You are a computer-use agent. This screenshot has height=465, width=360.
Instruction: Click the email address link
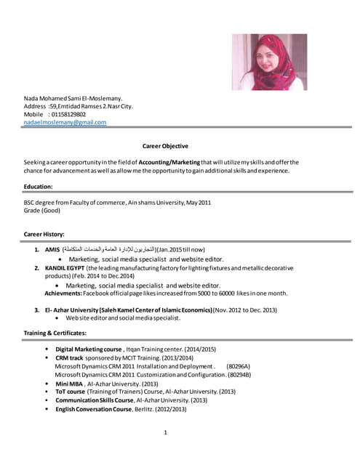click(x=65, y=123)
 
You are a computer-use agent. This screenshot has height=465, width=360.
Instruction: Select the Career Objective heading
click(x=165, y=146)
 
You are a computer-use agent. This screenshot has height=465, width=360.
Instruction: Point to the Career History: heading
click(x=44, y=234)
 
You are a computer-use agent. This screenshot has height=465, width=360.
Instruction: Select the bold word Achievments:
click(x=63, y=293)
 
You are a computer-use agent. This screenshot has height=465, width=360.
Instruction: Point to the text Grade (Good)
click(x=41, y=211)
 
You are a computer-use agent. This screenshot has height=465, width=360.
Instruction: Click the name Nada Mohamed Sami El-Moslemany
click(x=73, y=97)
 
